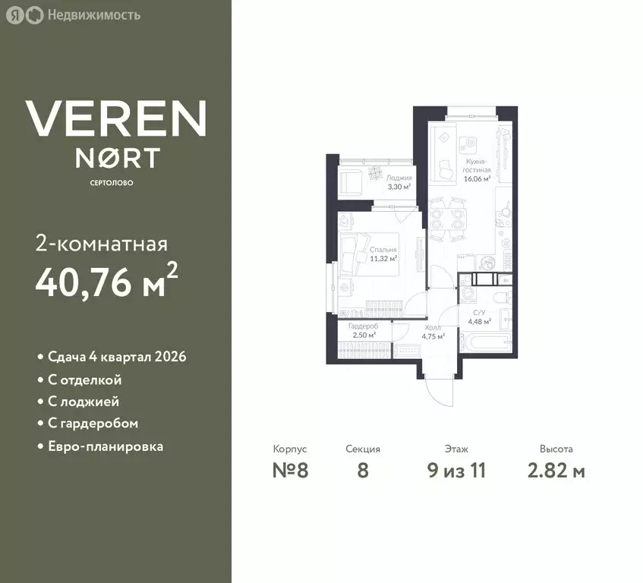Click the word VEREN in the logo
(115, 118)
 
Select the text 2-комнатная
(101, 244)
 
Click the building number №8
(290, 471)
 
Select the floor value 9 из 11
(456, 471)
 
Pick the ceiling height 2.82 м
(556, 471)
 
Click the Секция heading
(362, 449)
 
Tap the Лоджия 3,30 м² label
(399, 181)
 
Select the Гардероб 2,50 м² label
(363, 330)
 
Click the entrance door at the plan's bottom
(439, 389)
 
